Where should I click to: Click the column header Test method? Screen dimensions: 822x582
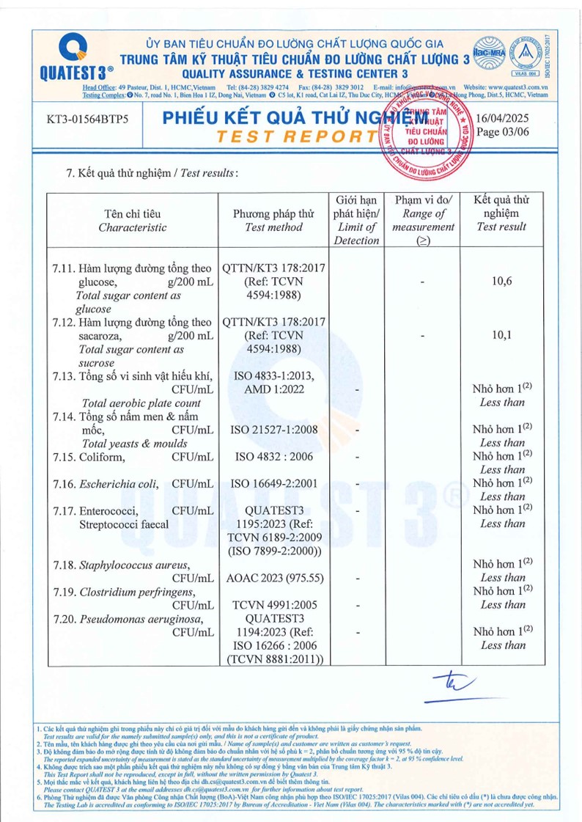click(x=273, y=227)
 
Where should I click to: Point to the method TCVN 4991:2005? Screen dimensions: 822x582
click(x=273, y=605)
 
